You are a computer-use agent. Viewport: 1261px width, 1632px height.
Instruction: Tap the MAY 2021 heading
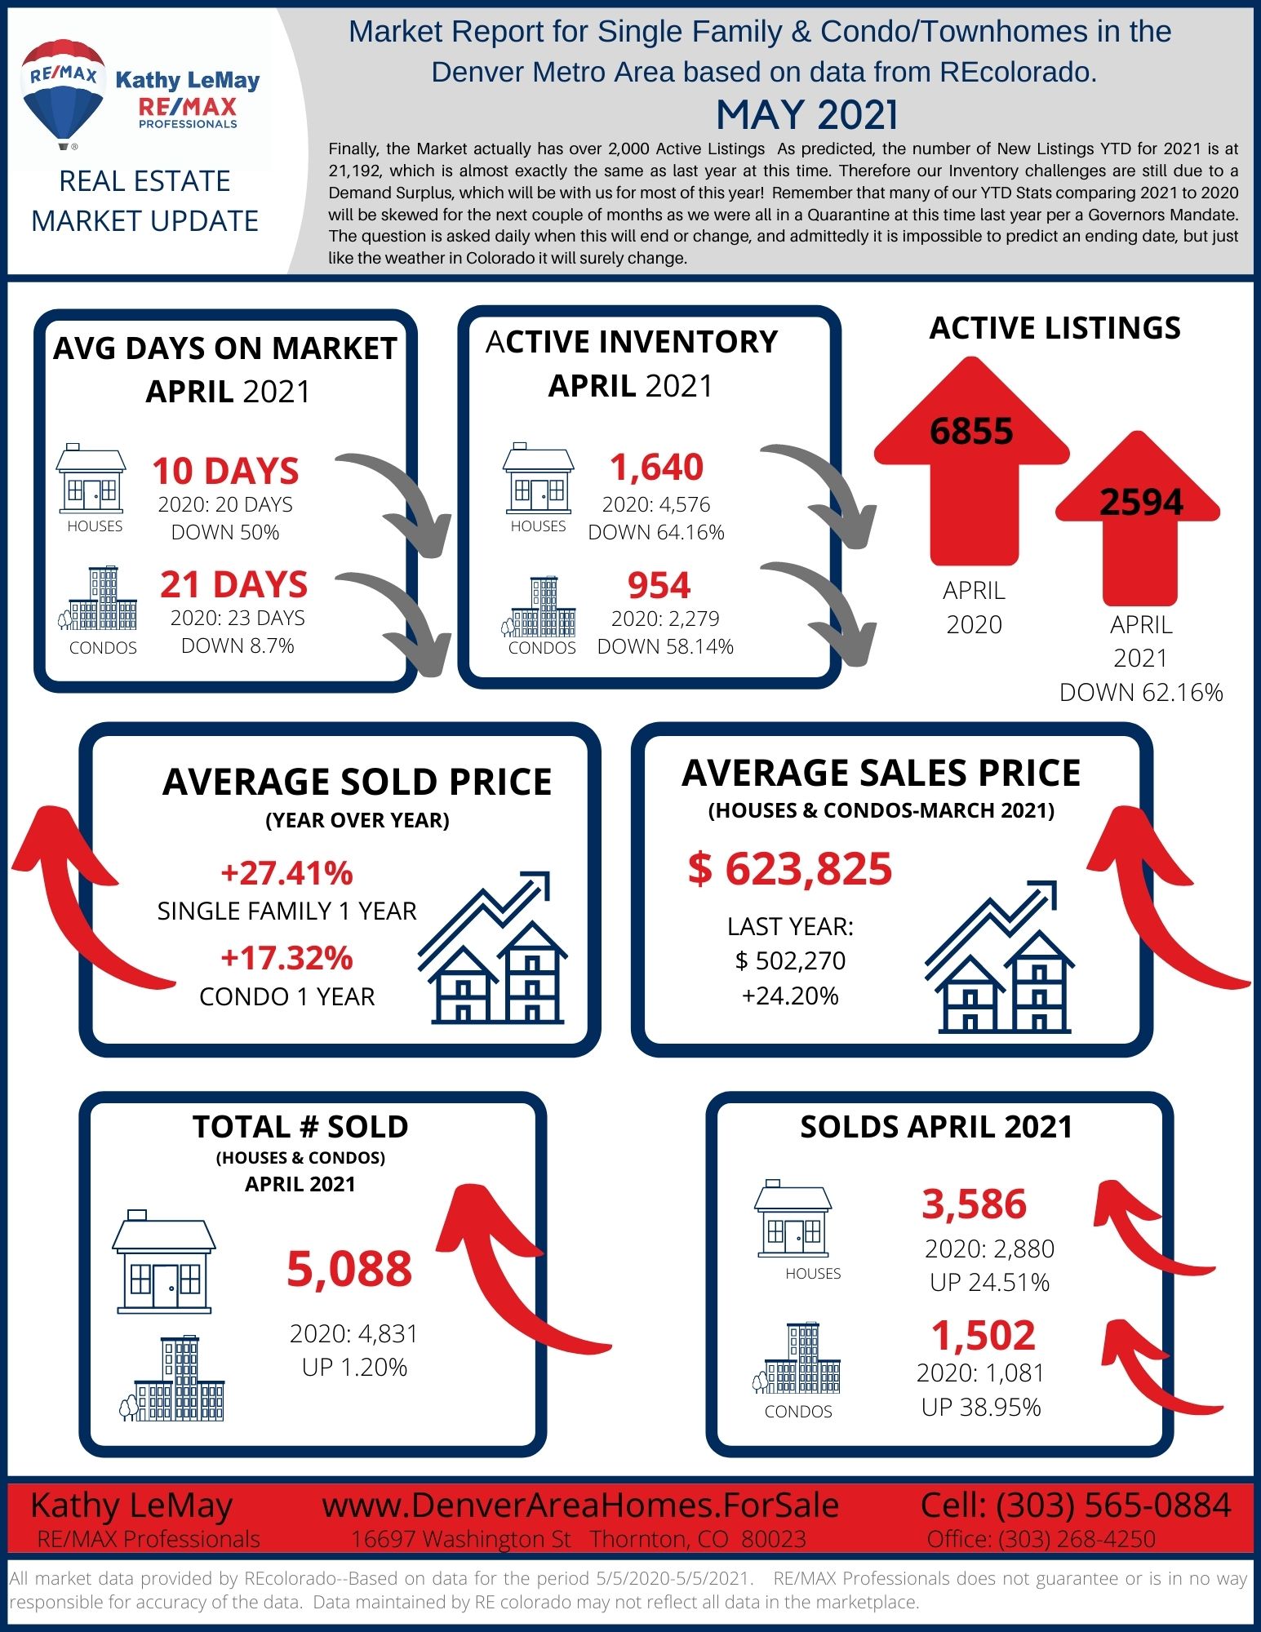[806, 114]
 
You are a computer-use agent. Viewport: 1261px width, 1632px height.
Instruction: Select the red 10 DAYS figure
[225, 471]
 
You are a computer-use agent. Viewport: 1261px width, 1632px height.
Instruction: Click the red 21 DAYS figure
[233, 584]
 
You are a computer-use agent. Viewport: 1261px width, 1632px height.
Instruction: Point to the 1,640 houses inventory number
[656, 467]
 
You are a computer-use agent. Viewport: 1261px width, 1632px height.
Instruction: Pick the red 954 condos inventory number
[659, 585]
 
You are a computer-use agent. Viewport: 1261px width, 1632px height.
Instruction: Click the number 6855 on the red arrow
[971, 431]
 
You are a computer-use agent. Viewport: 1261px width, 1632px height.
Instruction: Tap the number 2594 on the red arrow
[1141, 502]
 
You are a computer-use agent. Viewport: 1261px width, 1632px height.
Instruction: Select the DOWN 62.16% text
[1141, 692]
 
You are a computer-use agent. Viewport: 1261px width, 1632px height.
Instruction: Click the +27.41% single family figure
[286, 872]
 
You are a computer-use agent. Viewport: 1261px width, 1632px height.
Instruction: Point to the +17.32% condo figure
[286, 958]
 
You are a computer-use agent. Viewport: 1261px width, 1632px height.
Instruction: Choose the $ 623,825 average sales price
[790, 868]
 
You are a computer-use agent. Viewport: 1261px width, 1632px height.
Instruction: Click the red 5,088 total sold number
[349, 1269]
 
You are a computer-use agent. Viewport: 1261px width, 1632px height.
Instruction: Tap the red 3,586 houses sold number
[975, 1204]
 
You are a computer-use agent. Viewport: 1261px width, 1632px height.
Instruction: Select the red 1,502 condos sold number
[983, 1336]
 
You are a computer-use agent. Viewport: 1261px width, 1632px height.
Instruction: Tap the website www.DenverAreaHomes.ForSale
[580, 1506]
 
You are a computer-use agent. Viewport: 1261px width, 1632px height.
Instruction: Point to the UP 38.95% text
[981, 1407]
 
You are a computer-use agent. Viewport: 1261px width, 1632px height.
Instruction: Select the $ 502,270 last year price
[790, 960]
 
